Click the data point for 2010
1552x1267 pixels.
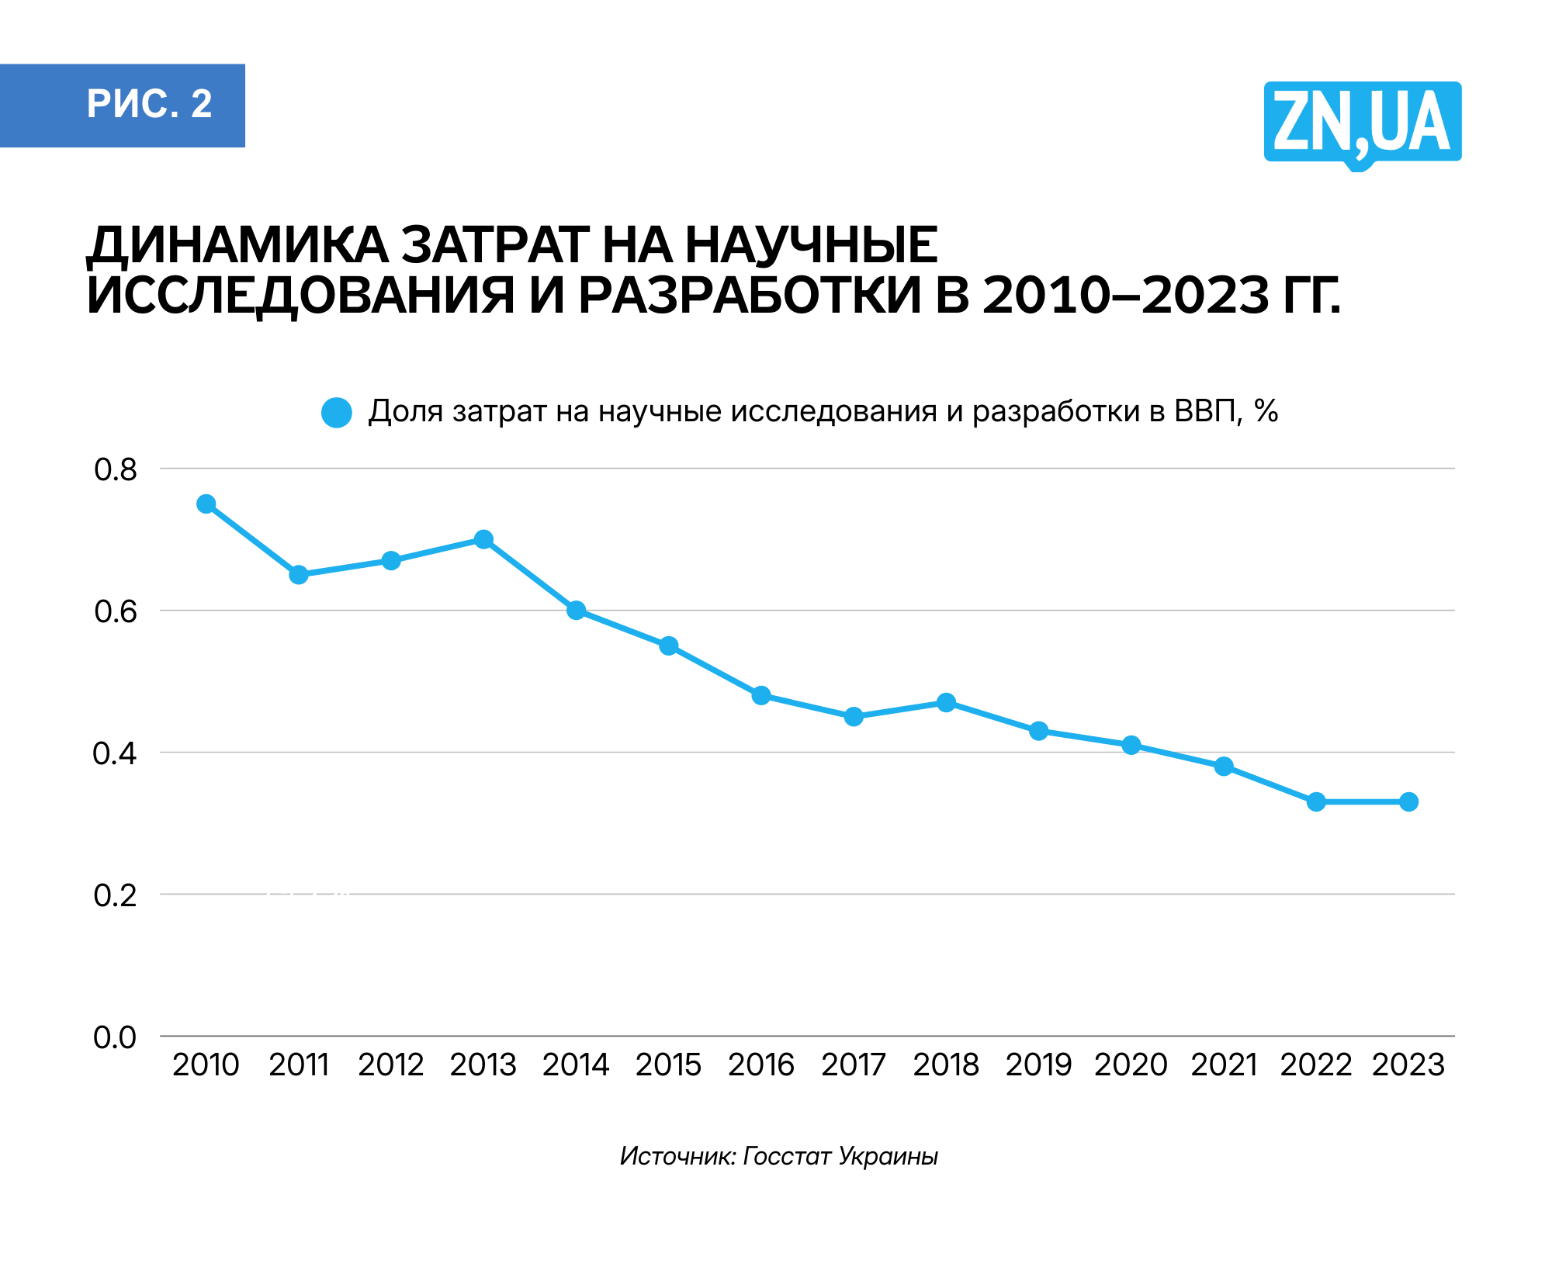pos(206,504)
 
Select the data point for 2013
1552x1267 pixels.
pos(483,539)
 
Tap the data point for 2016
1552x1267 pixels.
pos(761,695)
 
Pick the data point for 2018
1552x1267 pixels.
pos(946,702)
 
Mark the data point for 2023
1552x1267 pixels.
pos(1408,801)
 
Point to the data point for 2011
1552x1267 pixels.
pos(299,575)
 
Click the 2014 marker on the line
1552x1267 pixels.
pos(576,611)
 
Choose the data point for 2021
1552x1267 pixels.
pos(1224,767)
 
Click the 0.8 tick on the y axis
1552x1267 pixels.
pos(115,469)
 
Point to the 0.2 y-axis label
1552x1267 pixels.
pos(115,895)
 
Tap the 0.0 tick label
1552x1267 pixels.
pos(115,1037)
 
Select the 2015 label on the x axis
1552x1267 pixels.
pos(668,1064)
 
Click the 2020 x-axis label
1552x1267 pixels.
pos(1131,1064)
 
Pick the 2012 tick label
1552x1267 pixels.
pos(390,1064)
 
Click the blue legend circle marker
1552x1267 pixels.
pos(337,412)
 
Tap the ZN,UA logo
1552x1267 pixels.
pos(1362,123)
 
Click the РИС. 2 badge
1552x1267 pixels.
pos(123,105)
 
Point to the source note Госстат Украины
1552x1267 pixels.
pos(840,1156)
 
